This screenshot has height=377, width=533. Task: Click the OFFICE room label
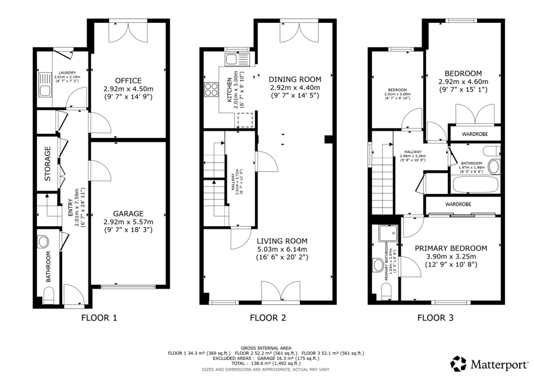click(x=128, y=80)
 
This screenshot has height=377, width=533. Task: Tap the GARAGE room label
click(x=128, y=213)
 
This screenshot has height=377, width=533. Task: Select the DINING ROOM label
click(x=295, y=79)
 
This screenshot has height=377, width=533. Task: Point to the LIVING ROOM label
click(x=282, y=241)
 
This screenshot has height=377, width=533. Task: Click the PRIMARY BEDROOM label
click(x=451, y=248)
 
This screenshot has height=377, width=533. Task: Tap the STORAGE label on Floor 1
click(x=47, y=163)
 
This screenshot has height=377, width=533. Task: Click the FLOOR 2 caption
click(x=268, y=318)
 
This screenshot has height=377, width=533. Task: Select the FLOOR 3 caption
click(x=435, y=318)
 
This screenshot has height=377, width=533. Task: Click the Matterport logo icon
click(x=458, y=364)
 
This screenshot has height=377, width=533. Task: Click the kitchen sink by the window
click(x=237, y=59)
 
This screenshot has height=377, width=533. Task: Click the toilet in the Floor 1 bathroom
click(x=49, y=295)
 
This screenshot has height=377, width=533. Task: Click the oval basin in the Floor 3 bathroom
click(x=494, y=167)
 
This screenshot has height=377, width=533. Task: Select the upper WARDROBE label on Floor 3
click(x=475, y=134)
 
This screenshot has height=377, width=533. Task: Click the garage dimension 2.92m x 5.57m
click(x=128, y=222)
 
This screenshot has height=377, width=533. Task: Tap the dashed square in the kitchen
click(x=245, y=120)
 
